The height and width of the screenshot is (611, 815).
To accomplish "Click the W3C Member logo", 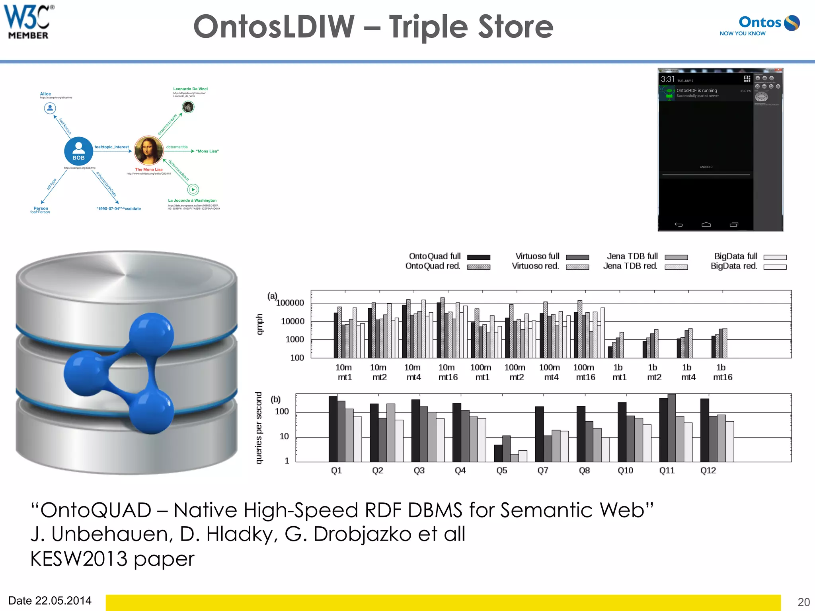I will coord(28,22).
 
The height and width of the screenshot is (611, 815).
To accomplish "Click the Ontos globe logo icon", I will coord(792,23).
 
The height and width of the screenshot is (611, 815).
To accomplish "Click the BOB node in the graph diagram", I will coord(78,151).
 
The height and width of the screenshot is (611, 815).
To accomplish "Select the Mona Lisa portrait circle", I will coord(148,150).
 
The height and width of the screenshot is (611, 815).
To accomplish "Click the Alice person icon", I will coord(50,108).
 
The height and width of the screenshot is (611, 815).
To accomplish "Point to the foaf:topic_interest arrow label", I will coord(111,147).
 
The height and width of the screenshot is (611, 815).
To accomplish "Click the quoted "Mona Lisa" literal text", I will coord(207,151).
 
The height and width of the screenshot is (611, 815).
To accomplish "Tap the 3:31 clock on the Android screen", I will coord(668,79).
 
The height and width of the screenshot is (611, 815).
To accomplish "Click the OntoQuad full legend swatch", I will coord(478,257).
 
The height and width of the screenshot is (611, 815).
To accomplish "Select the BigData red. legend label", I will coord(734,266).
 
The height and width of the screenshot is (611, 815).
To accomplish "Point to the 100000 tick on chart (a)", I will coord(290,303).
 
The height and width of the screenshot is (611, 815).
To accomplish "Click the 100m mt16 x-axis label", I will coord(585,372).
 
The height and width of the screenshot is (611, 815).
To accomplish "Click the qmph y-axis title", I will coord(259,324).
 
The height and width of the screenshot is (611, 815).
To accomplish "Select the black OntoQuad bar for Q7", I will coord(539,434).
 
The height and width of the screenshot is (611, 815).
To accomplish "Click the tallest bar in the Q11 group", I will coord(672,428).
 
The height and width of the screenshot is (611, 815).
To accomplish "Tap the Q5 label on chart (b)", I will coord(501,471).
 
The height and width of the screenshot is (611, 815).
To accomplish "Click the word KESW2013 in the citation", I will coord(79,558).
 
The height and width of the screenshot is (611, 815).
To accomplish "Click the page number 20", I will coord(803,602).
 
